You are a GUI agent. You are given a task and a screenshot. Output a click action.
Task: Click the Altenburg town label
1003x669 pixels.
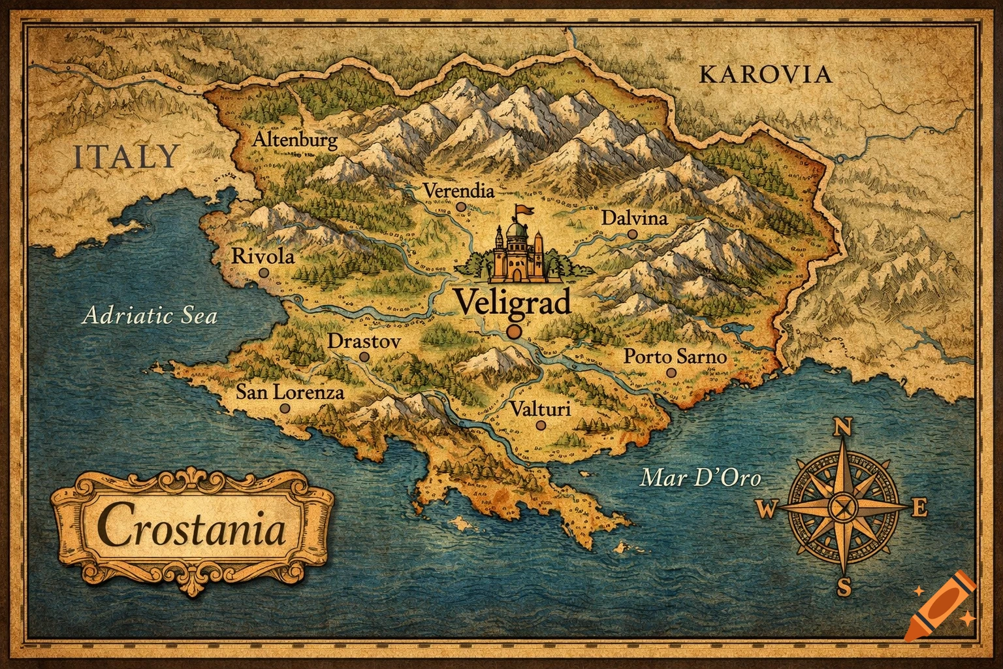[295, 140]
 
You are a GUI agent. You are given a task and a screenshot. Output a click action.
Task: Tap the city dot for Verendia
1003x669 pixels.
[462, 207]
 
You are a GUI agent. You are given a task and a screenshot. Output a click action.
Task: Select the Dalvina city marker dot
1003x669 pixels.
[631, 233]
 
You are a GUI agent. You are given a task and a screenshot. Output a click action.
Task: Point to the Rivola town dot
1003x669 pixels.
[263, 273]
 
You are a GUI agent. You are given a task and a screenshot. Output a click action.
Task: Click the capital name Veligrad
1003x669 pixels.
[512, 302]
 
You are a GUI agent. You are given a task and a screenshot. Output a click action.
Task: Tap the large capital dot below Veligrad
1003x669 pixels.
[514, 332]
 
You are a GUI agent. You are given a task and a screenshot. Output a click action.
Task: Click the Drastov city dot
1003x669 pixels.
[364, 357]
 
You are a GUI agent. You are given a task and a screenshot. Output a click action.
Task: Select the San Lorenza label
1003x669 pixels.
[289, 393]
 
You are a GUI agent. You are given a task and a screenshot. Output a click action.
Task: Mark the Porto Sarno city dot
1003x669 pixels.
[671, 373]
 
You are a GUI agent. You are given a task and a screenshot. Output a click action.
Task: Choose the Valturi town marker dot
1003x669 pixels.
[540, 425]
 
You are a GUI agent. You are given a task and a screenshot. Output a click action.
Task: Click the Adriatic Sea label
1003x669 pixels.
[150, 317]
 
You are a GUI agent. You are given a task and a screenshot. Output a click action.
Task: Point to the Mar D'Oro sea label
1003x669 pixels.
[701, 478]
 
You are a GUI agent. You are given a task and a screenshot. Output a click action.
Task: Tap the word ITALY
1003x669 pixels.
[125, 157]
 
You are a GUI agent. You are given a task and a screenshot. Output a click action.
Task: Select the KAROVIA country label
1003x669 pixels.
[765, 74]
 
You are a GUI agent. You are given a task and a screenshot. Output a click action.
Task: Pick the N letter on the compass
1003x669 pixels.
[842, 428]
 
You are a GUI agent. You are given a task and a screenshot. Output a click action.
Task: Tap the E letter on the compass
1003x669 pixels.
[919, 508]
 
